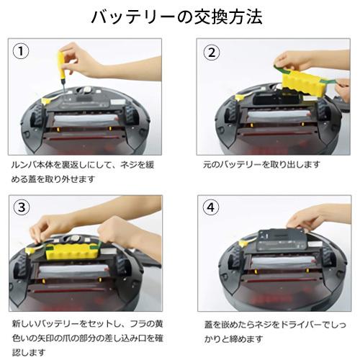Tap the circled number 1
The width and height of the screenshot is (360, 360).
(x=23, y=51)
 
